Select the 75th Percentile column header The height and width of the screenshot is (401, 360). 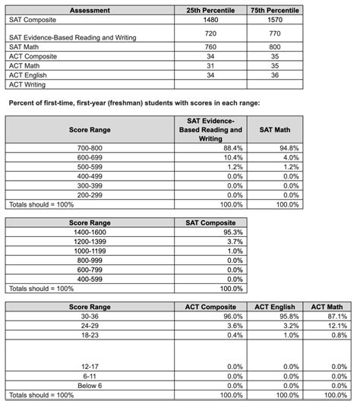tap(275, 11)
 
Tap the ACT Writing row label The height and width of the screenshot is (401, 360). tap(28, 84)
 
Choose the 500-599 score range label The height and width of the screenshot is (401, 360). tap(90, 166)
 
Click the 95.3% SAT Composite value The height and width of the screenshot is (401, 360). tap(230, 232)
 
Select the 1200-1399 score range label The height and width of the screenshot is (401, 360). tap(90, 241)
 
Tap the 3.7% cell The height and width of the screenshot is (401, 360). tap(230, 241)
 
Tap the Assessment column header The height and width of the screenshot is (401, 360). tap(90, 11)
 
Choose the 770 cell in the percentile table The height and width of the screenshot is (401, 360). tap(275, 34)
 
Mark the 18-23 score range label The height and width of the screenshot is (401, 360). tap(90, 334)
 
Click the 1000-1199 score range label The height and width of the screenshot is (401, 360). tap(90, 251)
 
